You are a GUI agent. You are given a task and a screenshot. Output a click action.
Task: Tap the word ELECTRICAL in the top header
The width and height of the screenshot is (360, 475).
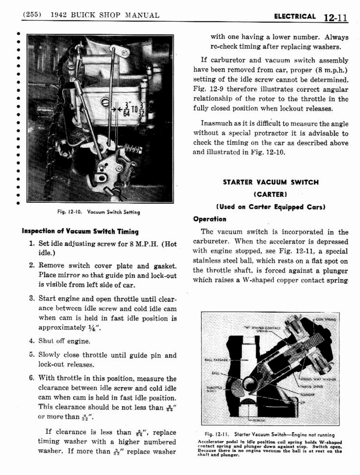[x=295, y=17]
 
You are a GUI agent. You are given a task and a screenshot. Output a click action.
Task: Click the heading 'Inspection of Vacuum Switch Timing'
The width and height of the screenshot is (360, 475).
[x=80, y=231]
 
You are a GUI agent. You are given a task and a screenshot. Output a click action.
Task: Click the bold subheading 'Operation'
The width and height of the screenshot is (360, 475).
[x=210, y=219]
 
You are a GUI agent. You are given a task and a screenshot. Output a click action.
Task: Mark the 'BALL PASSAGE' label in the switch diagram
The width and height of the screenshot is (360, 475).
[x=216, y=359]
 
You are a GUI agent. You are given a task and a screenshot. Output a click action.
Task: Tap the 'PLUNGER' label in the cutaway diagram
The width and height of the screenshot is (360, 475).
[x=307, y=395]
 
